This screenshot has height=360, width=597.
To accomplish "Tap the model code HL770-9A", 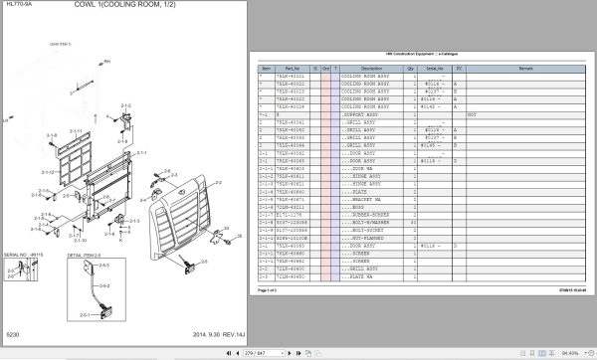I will (16, 6).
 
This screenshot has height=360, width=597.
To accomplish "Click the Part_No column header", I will (289, 68).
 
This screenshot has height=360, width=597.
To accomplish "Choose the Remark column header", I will (526, 68).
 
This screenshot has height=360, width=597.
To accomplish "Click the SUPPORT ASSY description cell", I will (362, 114).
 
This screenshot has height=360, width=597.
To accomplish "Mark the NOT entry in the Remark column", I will (473, 114).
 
